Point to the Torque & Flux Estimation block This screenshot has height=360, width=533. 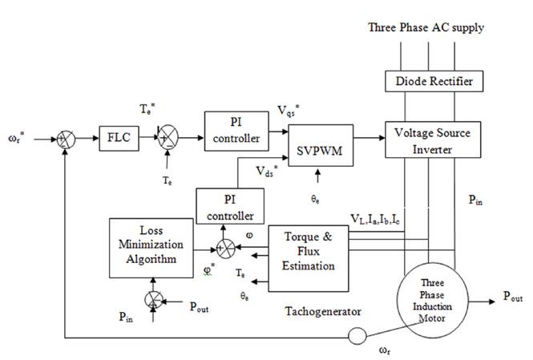coord(309,257)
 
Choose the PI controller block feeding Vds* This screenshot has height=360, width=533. coord(228,206)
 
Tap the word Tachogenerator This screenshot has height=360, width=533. coord(319,310)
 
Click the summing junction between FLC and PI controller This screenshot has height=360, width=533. coord(166,138)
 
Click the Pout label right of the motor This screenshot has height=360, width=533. coord(512,297)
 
